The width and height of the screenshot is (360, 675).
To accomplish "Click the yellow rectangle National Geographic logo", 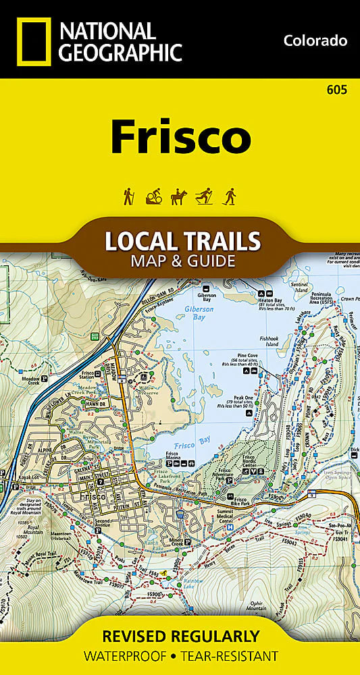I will pyautogui.click(x=32, y=42).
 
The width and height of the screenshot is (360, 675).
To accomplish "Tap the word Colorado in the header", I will pyautogui.click(x=315, y=41).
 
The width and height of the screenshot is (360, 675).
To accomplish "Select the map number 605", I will pyautogui.click(x=336, y=90).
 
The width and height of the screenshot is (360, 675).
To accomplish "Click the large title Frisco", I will pyautogui.click(x=180, y=137).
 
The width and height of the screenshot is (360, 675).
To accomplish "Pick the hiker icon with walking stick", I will pyautogui.click(x=128, y=196).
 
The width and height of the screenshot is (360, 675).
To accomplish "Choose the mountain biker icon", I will pyautogui.click(x=153, y=196).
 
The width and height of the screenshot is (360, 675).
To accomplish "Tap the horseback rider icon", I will pyautogui.click(x=179, y=196).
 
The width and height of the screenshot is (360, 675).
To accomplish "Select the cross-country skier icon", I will pyautogui.click(x=204, y=196).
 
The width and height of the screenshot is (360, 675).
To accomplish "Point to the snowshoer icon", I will pyautogui.click(x=230, y=196).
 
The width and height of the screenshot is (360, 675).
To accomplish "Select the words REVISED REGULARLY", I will pyautogui.click(x=180, y=635).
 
